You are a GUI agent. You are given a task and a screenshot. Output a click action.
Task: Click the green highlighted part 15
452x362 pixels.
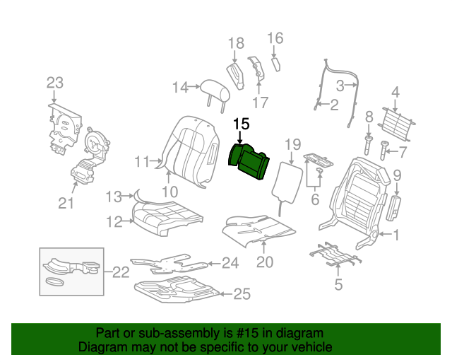[x=249, y=161]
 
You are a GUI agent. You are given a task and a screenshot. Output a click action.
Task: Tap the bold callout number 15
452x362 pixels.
[x=242, y=124]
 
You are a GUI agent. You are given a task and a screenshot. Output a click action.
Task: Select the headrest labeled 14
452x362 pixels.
[x=215, y=93]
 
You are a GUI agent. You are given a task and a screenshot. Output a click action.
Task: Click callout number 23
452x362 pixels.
[x=55, y=83]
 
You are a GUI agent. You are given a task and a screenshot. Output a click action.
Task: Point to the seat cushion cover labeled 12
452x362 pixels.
[x=167, y=218]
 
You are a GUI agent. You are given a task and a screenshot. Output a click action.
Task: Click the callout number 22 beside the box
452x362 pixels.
[x=121, y=272]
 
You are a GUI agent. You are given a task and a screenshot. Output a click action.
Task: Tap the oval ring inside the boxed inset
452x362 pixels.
[x=54, y=281]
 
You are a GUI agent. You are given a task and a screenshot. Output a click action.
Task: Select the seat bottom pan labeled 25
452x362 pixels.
[x=177, y=290]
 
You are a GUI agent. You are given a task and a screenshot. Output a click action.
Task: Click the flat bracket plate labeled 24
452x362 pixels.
[x=169, y=264]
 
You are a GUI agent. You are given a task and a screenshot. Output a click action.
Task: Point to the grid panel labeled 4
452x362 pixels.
[x=396, y=124]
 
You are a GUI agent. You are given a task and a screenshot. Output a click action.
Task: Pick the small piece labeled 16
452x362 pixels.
[x=276, y=64]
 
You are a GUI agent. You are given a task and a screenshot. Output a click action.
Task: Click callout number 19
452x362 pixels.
[x=293, y=144]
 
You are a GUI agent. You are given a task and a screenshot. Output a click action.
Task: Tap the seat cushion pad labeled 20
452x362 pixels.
[x=258, y=230]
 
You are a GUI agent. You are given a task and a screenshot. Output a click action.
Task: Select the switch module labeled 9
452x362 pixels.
[x=393, y=208]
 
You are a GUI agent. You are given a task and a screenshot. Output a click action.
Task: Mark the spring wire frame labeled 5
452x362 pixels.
[x=336, y=255]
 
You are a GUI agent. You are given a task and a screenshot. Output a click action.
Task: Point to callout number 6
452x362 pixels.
[x=315, y=199]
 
